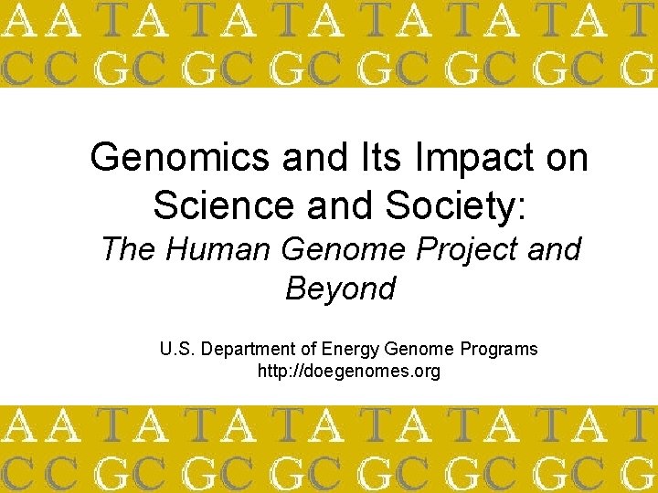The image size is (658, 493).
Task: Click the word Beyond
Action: coord(340,288)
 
